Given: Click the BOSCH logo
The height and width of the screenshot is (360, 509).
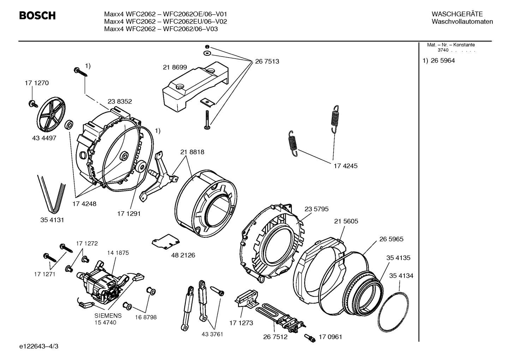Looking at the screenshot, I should click(37, 16).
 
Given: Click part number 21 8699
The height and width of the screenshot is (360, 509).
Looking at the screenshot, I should click(175, 67).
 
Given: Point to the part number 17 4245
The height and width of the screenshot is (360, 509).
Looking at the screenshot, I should click(345, 166).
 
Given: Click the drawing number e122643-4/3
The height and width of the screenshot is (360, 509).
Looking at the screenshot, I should click(39, 346).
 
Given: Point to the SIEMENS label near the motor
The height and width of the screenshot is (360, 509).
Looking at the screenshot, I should click(108, 315).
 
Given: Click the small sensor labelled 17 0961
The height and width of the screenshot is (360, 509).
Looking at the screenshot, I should click(310, 337).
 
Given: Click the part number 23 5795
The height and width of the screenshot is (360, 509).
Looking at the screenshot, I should click(316, 209).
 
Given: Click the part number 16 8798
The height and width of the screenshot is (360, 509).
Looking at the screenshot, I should click(145, 317).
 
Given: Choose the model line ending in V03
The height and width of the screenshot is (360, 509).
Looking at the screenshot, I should click(161, 29).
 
